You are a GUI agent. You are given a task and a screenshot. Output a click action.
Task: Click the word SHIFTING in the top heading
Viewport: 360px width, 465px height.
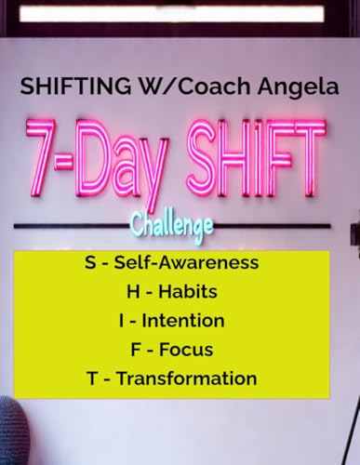[x=75, y=86]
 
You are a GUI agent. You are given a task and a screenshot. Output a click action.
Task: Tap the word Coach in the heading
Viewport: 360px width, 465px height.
[x=214, y=86]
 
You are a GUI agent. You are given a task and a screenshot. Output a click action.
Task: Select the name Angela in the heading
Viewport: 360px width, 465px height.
[x=298, y=87]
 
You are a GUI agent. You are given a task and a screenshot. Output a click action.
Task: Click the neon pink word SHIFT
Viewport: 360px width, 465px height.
[x=256, y=157]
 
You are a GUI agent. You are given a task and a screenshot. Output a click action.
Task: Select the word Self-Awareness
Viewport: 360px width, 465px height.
[x=186, y=262]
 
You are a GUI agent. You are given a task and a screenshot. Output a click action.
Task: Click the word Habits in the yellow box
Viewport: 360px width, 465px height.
[x=188, y=291]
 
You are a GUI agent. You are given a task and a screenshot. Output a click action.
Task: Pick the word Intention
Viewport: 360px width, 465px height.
[x=183, y=321]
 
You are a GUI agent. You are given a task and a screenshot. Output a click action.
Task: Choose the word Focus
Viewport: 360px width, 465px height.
[x=186, y=350]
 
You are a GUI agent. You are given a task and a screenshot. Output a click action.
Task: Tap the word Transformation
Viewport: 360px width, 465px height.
[x=187, y=379]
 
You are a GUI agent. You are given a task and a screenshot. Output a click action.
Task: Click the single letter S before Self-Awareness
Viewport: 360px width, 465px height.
[x=90, y=262]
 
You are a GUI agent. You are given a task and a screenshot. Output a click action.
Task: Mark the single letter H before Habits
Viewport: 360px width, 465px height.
[x=133, y=291]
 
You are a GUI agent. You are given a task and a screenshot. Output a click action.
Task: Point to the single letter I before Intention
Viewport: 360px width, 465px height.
[x=121, y=321]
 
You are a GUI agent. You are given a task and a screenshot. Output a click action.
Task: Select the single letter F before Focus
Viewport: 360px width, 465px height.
[x=136, y=350]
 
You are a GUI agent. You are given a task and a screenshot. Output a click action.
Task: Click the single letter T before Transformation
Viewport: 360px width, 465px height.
[x=93, y=379]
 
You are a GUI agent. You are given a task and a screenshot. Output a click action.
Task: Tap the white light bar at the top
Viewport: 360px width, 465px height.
[x=172, y=14]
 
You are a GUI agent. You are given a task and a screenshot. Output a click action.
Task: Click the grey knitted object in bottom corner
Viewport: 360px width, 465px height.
[x=13, y=431]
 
